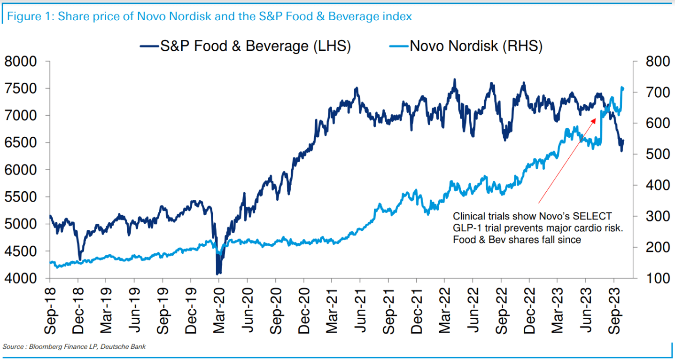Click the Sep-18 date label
point(50,308)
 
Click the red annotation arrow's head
point(595,119)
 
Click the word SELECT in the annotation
point(593,216)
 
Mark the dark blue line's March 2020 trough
point(217,273)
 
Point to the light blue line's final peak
point(622,87)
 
